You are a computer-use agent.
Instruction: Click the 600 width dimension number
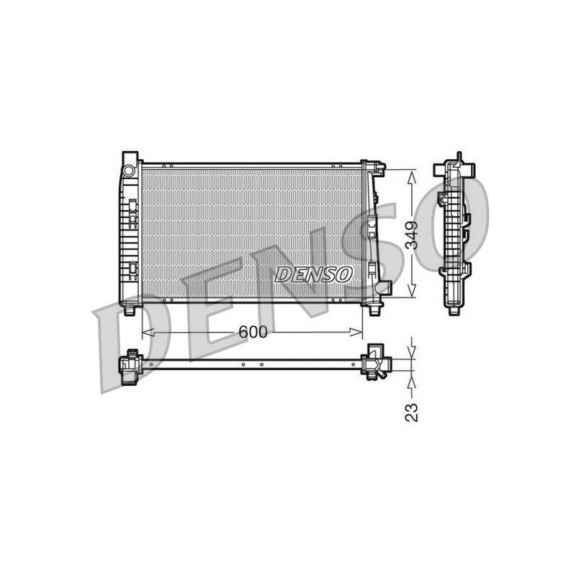pos(253,333)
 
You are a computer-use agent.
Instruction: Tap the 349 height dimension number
pos(412,235)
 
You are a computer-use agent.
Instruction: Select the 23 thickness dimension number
pos(411,413)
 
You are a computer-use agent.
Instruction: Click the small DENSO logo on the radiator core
pos(313,274)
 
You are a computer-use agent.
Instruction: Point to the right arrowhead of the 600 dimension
pos(356,333)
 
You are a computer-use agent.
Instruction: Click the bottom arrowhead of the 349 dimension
pos(412,290)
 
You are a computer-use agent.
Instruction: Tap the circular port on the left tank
pos(129,171)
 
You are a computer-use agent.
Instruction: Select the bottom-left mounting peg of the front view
pos(130,311)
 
